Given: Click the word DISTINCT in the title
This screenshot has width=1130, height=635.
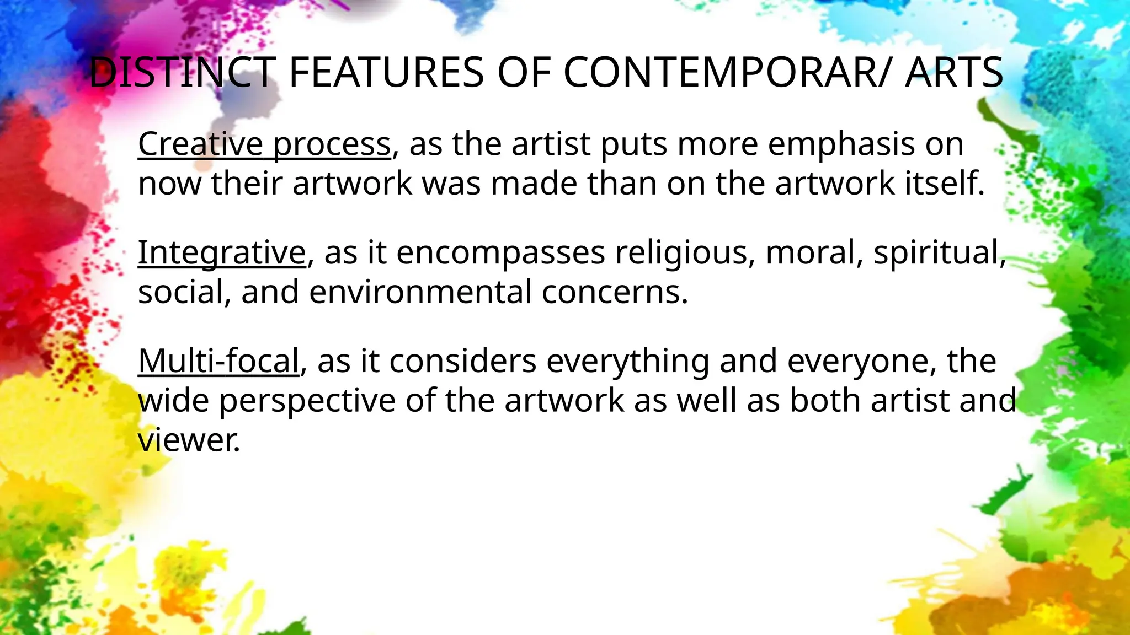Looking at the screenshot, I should (182, 72).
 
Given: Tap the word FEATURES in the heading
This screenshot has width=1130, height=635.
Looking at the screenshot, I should (386, 72).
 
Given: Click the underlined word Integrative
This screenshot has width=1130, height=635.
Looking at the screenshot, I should (221, 252).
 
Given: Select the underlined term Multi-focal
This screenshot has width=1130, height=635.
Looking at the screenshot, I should (218, 361).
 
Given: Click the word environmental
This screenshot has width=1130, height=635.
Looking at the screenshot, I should (420, 292).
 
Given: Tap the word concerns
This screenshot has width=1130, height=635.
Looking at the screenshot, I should (615, 292).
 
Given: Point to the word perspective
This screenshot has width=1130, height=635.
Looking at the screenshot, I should (307, 401).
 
